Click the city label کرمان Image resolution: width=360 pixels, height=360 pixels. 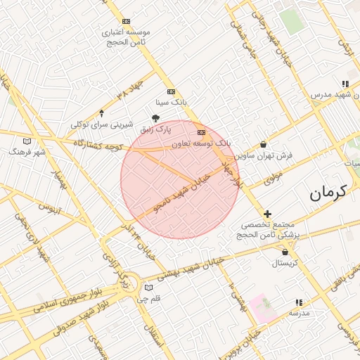tap(329, 191)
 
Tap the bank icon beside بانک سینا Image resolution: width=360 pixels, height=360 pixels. tap(171, 92)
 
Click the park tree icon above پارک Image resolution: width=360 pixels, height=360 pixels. tap(155, 119)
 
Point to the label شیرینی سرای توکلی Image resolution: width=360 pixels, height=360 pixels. tap(102, 124)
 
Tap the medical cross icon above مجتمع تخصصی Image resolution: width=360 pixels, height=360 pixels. tap(267, 214)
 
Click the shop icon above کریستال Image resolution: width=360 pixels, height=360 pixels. tap(285, 252)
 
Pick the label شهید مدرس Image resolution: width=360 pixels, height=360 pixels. tap(331, 94)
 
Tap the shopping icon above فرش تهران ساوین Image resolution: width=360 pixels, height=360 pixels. tap(263, 144)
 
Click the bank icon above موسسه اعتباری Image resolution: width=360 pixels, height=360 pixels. tap(126, 22)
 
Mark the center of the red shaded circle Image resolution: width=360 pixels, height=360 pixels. tap(180, 179)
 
